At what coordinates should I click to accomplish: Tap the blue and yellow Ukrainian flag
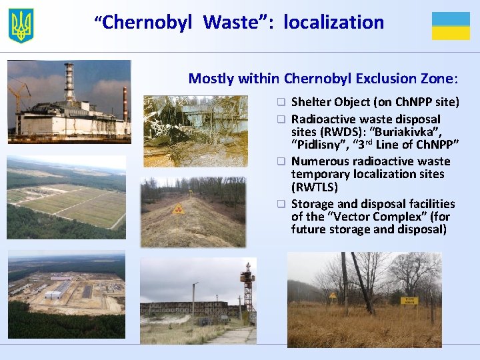451,26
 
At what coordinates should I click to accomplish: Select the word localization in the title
333,23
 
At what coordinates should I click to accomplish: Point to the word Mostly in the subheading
209,79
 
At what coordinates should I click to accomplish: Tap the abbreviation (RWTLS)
315,188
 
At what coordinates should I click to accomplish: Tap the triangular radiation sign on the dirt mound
177,209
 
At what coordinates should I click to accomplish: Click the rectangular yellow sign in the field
409,301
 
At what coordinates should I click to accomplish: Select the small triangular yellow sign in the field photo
333,294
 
